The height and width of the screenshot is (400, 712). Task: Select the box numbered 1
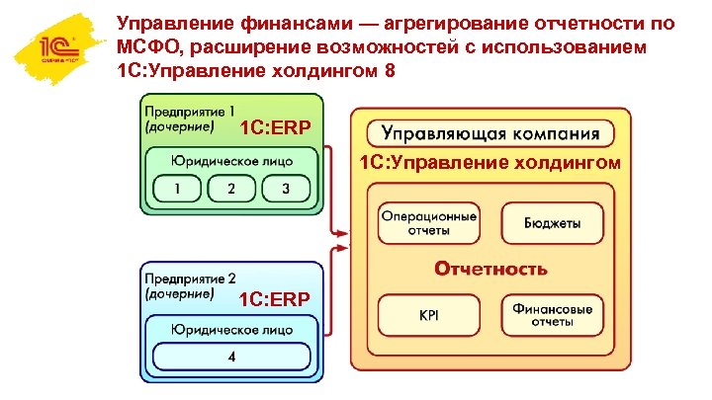click(x=177, y=189)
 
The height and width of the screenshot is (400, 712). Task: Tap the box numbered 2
click(x=231, y=189)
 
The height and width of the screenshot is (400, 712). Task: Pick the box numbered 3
click(x=286, y=189)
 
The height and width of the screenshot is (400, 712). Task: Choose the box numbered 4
click(x=231, y=356)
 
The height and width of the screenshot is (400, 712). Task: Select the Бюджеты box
click(x=552, y=223)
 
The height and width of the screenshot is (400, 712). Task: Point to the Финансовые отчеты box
click(x=552, y=316)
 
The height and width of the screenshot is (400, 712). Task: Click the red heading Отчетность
click(x=490, y=269)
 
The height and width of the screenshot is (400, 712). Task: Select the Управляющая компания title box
click(x=490, y=132)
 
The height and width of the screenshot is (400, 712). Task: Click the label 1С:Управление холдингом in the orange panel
click(x=490, y=163)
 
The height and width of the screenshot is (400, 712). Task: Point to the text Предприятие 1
click(x=190, y=111)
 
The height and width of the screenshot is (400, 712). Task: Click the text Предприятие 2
click(x=190, y=279)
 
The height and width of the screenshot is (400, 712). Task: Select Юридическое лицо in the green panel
click(x=231, y=160)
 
